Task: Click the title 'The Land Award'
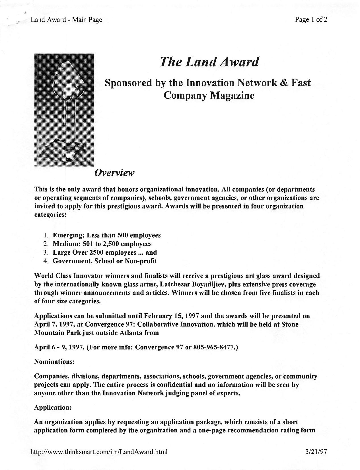tap(209, 62)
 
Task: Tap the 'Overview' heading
tap(114, 173)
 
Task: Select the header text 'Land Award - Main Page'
tap(66, 20)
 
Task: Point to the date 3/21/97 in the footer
tap(316, 451)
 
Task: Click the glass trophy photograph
tap(64, 110)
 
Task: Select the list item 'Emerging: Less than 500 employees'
tap(107, 235)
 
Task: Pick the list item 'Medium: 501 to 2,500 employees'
tap(102, 244)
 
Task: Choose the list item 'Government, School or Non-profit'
tap(105, 261)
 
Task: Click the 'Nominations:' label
tap(54, 361)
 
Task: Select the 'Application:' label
tap(53, 407)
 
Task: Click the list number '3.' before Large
tap(46, 252)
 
